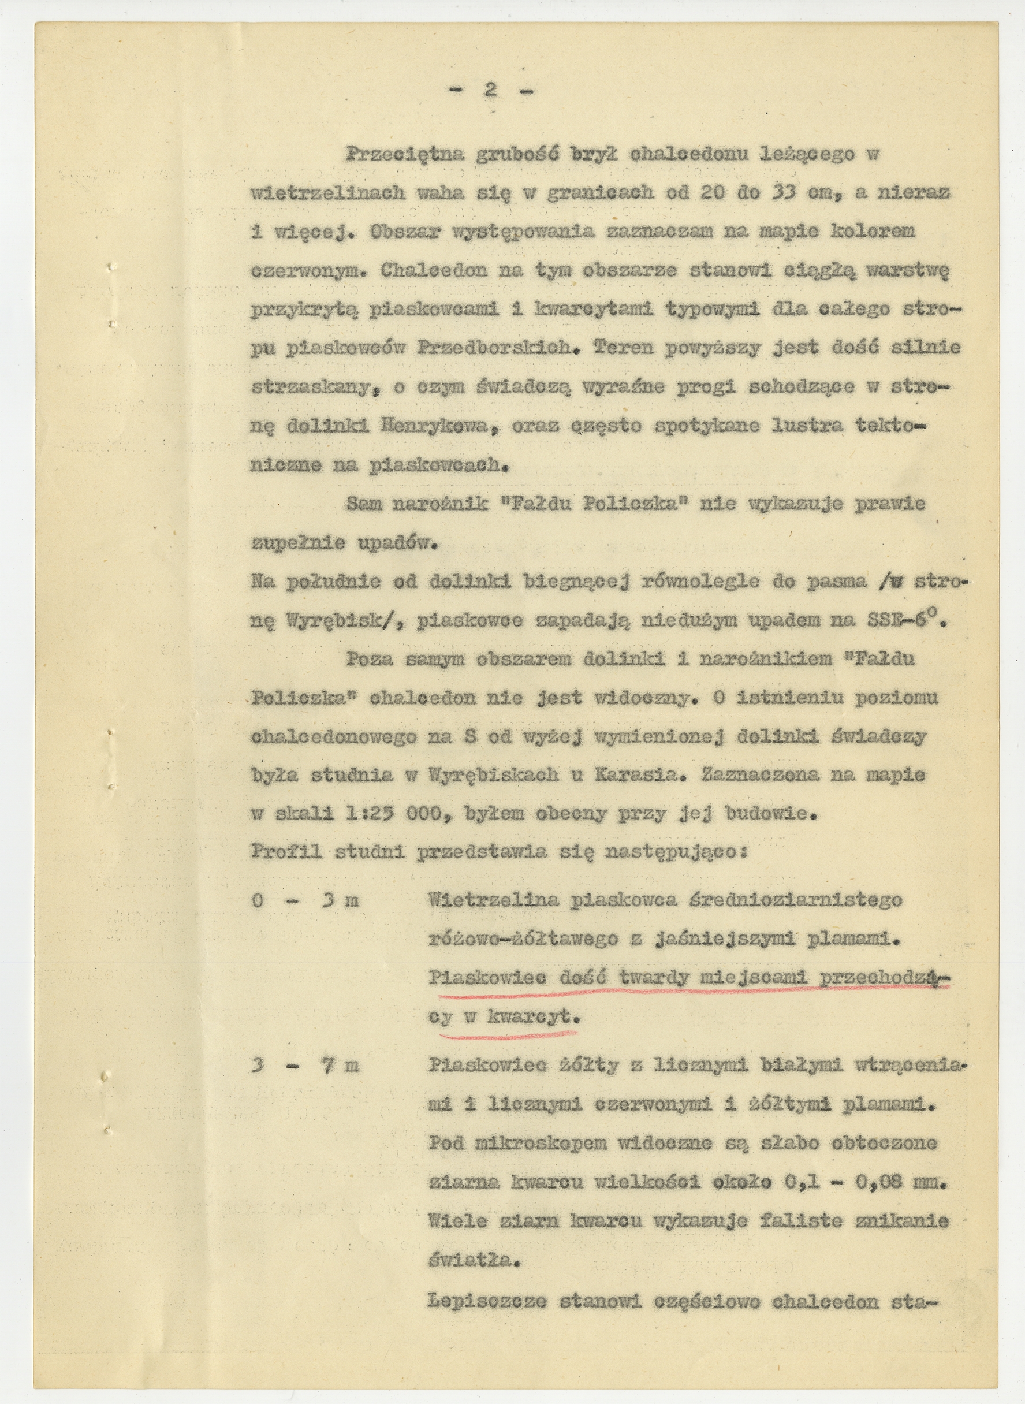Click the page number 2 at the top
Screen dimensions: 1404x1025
[x=491, y=91]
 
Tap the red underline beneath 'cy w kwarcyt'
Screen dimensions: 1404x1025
[x=508, y=1034]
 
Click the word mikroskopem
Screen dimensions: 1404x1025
[x=546, y=1144]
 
